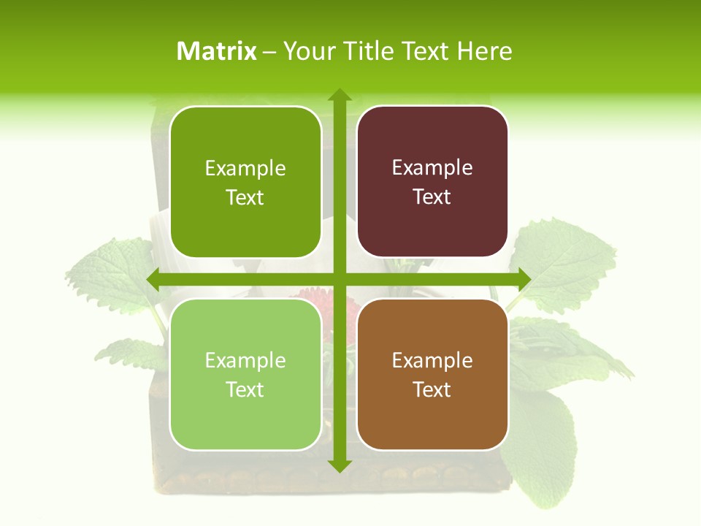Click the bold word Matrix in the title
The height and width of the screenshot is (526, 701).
point(217,51)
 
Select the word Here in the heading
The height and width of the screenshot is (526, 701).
point(484,51)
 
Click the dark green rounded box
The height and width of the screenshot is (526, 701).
point(245,182)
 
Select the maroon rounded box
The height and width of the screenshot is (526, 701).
point(432,182)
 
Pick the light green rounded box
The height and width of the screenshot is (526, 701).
point(245,374)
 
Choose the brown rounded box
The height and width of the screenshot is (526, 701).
point(432,374)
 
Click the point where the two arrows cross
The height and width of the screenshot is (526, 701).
point(339,279)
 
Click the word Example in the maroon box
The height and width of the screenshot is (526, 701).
point(432,168)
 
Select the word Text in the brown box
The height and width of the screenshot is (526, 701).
point(432,389)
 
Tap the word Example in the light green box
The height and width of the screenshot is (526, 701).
point(245,360)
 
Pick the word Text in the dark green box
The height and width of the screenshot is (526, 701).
point(245,197)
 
